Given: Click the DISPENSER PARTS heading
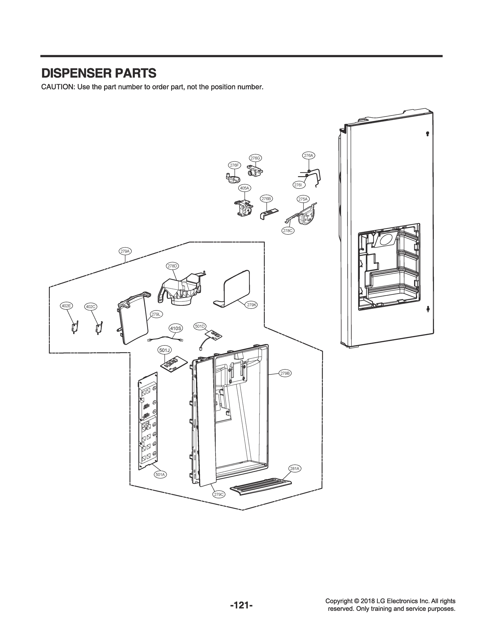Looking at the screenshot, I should click(x=99, y=73).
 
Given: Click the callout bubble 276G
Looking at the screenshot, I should click(x=255, y=158).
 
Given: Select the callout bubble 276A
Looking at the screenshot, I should click(x=308, y=155).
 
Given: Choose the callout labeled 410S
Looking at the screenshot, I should click(x=176, y=328).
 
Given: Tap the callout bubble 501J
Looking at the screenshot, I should click(x=165, y=350).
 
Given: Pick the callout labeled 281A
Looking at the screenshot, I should click(x=294, y=469).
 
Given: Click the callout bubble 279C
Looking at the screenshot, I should click(x=219, y=494).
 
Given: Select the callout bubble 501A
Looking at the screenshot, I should click(x=160, y=475).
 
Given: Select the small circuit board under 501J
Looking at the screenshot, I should click(x=174, y=365).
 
